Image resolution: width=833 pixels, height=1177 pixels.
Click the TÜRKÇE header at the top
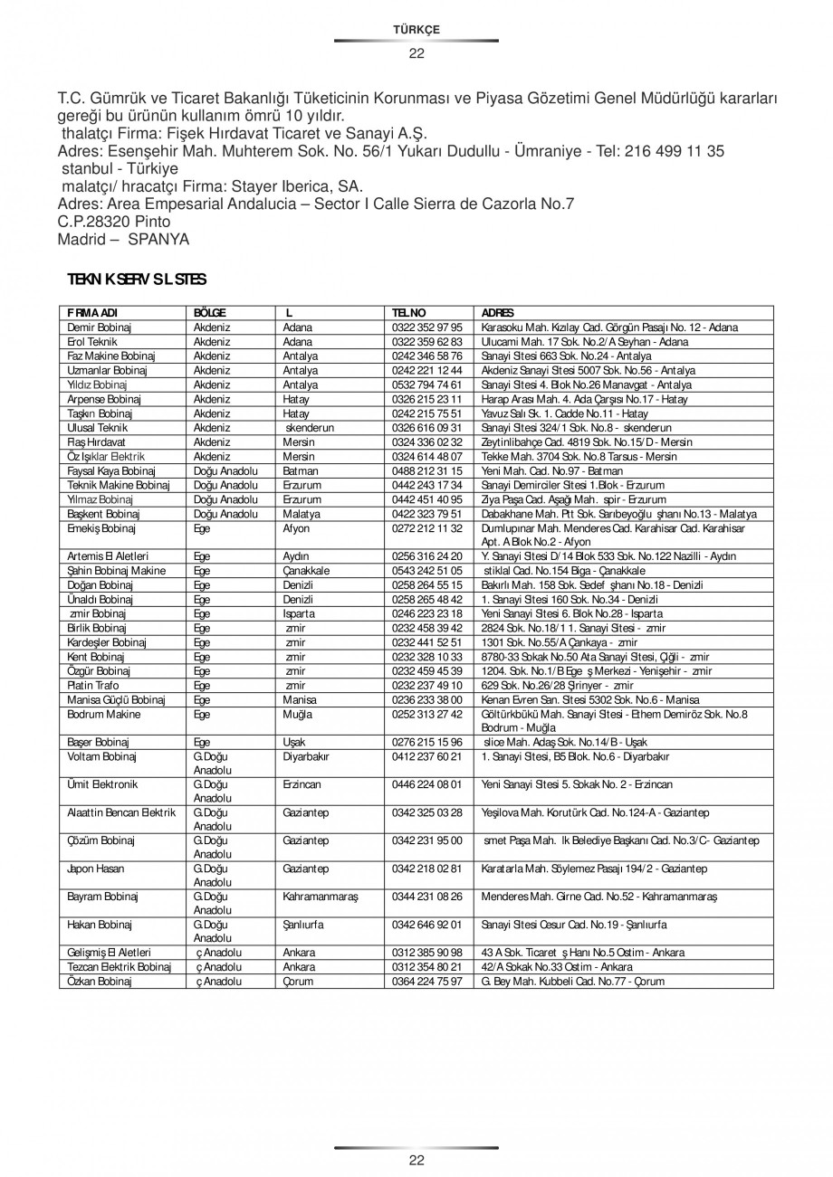pos(416,30)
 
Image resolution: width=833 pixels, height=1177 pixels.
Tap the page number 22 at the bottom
pos(416,1161)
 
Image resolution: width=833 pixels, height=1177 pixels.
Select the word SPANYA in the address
pos(159,239)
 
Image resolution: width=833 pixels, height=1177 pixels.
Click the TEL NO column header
pos(409,312)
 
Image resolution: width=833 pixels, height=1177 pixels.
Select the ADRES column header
pos(499,312)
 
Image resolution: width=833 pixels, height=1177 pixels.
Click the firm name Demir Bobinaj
pos(100,327)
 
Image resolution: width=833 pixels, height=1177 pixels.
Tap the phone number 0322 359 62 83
pos(427,342)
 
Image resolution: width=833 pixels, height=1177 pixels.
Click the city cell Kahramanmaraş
pos(321,897)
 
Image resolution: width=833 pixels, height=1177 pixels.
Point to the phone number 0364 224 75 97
pos(427,982)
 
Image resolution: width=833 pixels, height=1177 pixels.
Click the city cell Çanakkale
pos(306,571)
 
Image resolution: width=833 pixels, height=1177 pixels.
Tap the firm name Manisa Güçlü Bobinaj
pos(116,700)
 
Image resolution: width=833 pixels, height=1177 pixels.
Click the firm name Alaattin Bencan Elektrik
pos(121,813)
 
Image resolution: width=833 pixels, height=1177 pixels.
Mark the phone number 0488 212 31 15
pos(427,471)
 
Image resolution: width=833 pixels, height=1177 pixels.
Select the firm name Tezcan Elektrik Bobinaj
pos(120,967)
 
